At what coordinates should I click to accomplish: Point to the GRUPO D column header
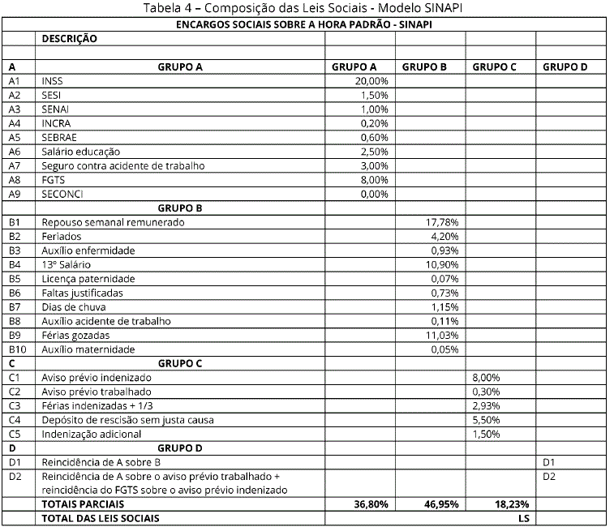pyautogui.click(x=565, y=67)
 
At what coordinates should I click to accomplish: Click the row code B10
pyautogui.click(x=17, y=349)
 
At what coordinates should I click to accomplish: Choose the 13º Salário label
pyautogui.click(x=67, y=264)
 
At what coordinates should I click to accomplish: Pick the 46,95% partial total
pyautogui.click(x=441, y=503)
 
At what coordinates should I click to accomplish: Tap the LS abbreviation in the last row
pyautogui.click(x=522, y=517)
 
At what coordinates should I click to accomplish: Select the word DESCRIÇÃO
pyautogui.click(x=69, y=38)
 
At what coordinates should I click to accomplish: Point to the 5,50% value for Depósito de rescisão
pyautogui.click(x=487, y=420)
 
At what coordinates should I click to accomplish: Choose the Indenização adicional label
pyautogui.click(x=92, y=435)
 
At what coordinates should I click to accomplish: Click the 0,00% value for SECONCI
pyautogui.click(x=374, y=194)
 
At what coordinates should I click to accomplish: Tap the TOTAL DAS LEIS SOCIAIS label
pyautogui.click(x=101, y=517)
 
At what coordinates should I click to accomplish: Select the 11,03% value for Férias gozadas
pyautogui.click(x=442, y=335)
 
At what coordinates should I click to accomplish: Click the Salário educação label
pyautogui.click(x=81, y=152)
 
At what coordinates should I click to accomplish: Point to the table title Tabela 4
pyautogui.click(x=307, y=8)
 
